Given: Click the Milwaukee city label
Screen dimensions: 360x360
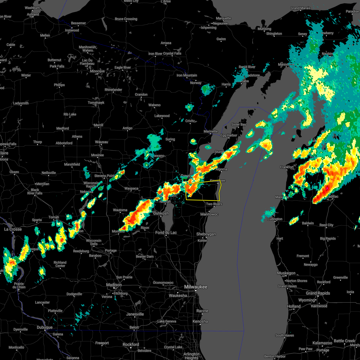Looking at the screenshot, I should coord(196,287).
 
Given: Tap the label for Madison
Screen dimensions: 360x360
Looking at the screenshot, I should coord(114,285).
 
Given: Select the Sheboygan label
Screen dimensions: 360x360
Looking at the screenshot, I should coord(206,234).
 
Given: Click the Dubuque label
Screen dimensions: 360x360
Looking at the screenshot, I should coord(45,327).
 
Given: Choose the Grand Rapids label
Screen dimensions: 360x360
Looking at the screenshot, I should coord(318,293).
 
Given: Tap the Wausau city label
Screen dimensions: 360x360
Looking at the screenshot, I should coord(101,142).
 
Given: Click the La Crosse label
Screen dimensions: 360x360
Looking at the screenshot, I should coord(13,229).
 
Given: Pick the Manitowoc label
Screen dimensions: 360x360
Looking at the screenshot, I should coord(209,214).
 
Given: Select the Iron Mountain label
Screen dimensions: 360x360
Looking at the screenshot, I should coord(187,75).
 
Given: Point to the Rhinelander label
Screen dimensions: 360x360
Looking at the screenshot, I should coord(113,90).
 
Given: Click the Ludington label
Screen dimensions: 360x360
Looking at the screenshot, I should coord(275,219).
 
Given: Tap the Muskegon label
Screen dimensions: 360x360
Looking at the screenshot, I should coord(286,273).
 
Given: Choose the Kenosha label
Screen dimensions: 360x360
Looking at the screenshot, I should coord(200,321).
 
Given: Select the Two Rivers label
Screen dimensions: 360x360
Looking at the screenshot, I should coord(214,204).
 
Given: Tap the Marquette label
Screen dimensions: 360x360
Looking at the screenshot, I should coord(223,19).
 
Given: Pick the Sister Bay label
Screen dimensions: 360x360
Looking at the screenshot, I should coord(238,124).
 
